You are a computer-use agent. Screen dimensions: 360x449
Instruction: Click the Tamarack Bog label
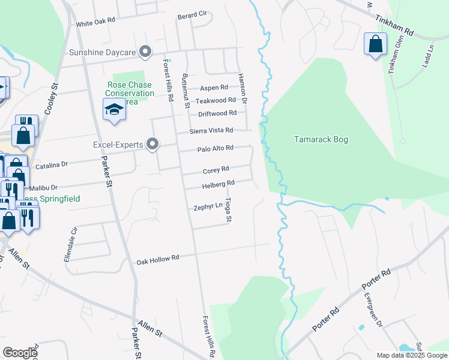(321, 140)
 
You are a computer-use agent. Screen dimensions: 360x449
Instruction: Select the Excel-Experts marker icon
(152, 144)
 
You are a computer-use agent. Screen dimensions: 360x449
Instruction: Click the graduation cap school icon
(113, 110)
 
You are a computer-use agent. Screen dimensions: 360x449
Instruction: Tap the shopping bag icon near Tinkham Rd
(375, 44)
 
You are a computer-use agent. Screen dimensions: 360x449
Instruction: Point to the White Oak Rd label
(95, 22)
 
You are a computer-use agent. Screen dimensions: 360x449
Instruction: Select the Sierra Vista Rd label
(211, 130)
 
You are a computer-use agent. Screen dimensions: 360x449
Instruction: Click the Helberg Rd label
(218, 184)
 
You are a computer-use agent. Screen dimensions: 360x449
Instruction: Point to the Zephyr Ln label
(208, 206)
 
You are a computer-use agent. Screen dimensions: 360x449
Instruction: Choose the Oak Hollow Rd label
(158, 259)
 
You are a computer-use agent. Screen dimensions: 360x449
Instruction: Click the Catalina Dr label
(52, 164)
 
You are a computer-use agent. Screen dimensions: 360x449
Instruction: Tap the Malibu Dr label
(43, 188)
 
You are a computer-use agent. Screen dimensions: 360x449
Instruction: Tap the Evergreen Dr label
(373, 310)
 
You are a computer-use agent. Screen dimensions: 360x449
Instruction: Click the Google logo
(20, 353)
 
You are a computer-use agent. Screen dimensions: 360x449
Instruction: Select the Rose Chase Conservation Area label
(130, 93)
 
